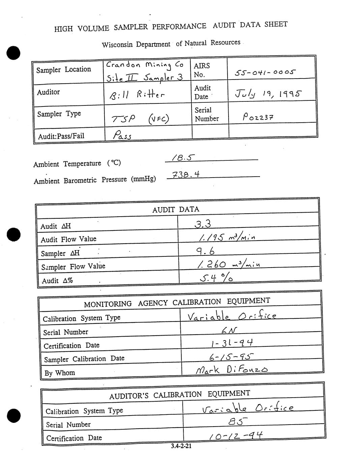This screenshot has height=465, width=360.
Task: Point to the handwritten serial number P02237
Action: click(258, 117)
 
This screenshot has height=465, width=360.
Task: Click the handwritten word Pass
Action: click(122, 135)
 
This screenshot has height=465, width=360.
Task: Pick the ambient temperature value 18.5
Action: click(182, 157)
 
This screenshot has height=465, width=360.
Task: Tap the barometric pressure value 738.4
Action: click(186, 175)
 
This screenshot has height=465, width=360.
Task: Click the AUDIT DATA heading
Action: click(176, 209)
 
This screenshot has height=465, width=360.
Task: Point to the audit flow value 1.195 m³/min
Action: click(227, 238)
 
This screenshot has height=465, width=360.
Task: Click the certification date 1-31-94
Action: click(232, 343)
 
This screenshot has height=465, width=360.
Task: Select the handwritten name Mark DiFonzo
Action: click(232, 370)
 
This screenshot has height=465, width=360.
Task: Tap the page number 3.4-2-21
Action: click(181, 446)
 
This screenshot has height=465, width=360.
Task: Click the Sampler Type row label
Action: click(59, 114)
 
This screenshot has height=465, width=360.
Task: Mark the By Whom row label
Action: click(60, 373)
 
